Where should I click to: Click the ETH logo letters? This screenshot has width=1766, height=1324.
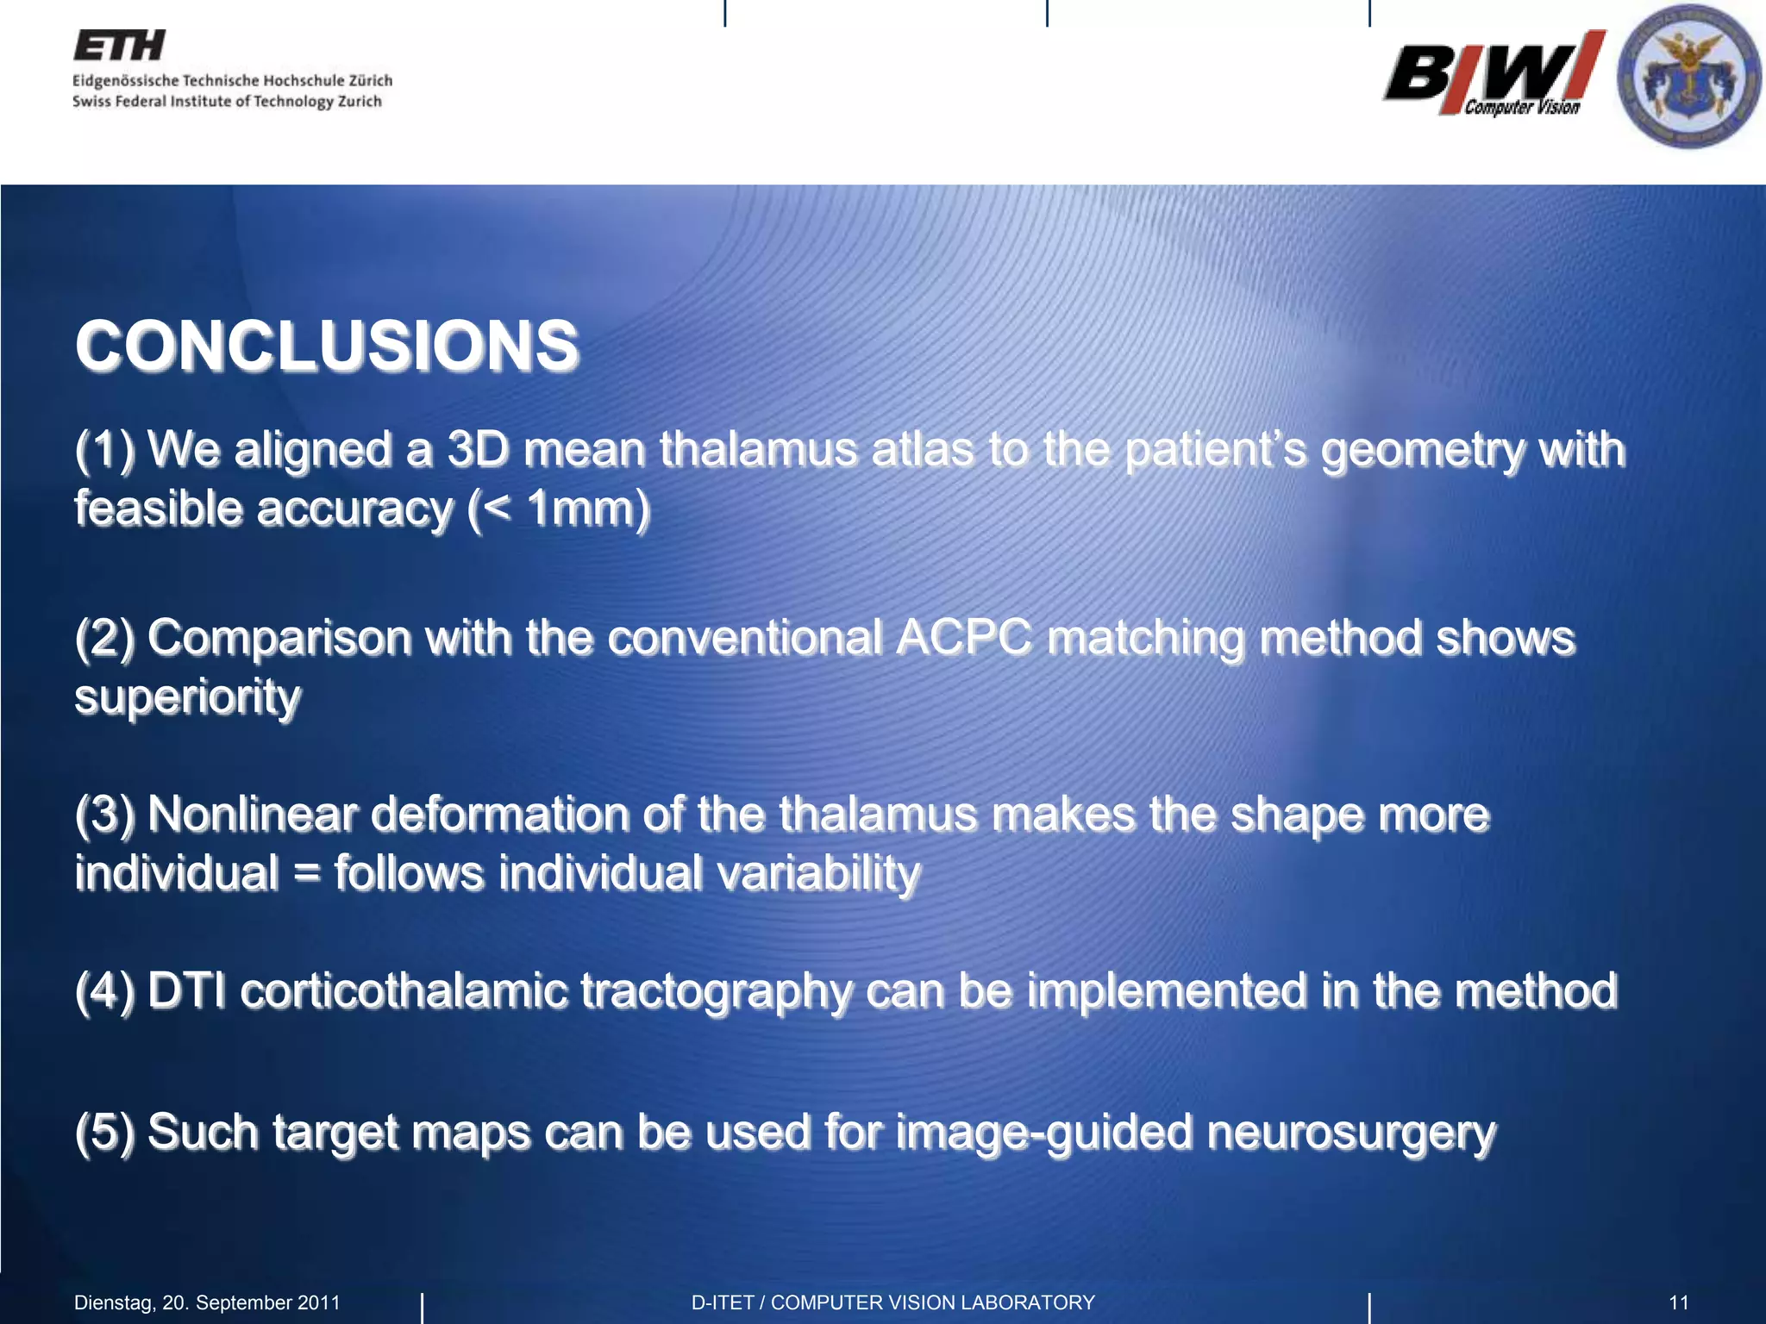point(119,46)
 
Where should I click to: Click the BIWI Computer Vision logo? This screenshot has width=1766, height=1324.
point(1494,74)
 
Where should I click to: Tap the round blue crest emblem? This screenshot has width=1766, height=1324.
point(1688,76)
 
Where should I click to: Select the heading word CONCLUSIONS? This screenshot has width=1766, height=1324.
point(326,346)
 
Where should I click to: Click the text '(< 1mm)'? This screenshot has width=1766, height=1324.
point(558,509)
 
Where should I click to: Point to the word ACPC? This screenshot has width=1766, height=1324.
point(963,638)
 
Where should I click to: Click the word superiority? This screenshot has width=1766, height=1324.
point(188,696)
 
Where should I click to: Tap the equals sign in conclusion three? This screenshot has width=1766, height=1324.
point(306,873)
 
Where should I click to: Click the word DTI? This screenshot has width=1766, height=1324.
point(186,990)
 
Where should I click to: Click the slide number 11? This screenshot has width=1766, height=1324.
point(1678,1302)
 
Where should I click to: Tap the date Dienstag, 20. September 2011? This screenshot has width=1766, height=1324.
point(207,1302)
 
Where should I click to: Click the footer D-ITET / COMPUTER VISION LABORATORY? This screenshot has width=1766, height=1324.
point(892,1302)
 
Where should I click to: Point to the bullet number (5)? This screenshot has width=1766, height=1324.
point(104,1132)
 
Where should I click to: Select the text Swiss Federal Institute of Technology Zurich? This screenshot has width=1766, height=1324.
point(227,102)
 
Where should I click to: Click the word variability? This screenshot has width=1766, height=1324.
point(818,873)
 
